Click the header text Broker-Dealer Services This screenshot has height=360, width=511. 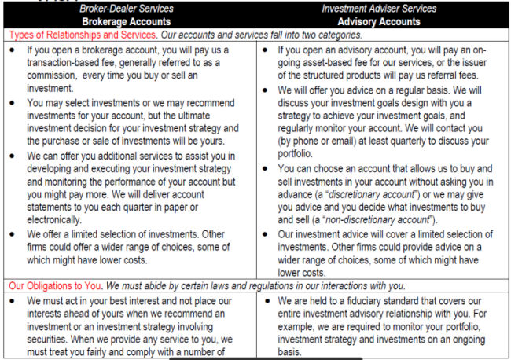pos(129,8)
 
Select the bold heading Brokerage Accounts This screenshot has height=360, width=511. pos(129,21)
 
